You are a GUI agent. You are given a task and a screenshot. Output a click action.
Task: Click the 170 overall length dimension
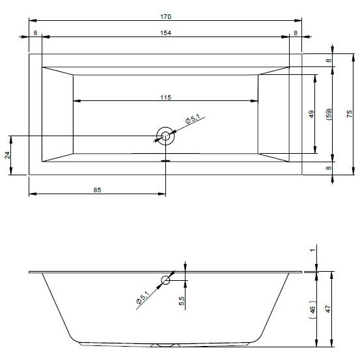tap(165, 17)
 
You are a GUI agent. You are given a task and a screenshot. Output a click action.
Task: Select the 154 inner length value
tap(165, 33)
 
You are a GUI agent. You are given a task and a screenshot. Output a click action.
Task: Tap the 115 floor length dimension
tap(165, 98)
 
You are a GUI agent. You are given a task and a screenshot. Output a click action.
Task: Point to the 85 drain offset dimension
tap(97, 190)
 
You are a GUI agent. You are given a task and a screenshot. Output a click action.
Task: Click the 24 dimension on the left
tap(8, 155)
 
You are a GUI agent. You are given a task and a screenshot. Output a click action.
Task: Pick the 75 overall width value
tap(350, 114)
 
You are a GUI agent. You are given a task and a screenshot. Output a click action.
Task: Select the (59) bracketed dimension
tap(329, 114)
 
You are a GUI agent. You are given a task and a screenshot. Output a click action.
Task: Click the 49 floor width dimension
tap(311, 114)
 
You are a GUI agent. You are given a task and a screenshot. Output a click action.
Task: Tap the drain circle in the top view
tap(165, 127)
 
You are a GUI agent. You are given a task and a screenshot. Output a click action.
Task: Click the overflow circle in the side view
tap(165, 276)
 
